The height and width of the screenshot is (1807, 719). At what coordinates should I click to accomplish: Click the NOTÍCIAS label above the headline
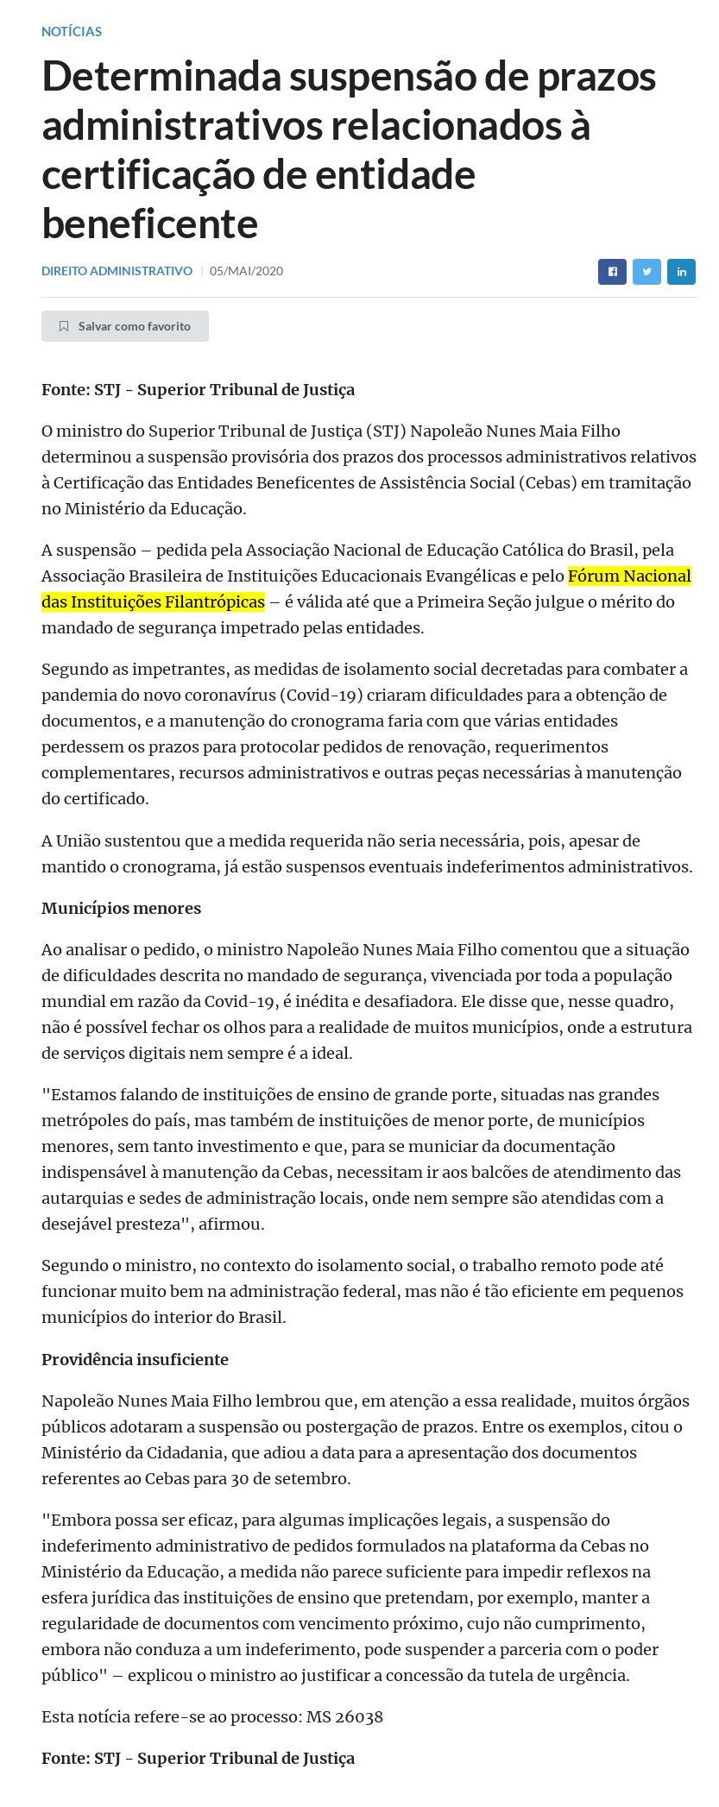(x=72, y=32)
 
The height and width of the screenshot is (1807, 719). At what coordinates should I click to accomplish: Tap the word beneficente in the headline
(x=149, y=224)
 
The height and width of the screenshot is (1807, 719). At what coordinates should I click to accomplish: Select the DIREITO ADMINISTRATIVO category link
(x=117, y=271)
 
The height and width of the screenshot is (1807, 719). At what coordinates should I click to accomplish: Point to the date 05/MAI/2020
(x=246, y=271)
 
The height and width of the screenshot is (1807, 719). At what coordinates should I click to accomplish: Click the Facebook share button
(x=612, y=271)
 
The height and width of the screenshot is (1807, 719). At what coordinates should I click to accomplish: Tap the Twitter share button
(x=646, y=271)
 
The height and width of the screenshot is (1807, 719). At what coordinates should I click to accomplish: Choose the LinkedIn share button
(x=681, y=271)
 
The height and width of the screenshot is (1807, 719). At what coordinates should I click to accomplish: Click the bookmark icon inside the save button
(x=64, y=326)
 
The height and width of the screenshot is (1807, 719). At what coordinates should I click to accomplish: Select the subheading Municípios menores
(x=121, y=908)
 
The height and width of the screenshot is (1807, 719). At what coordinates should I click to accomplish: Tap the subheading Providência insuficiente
(x=135, y=1359)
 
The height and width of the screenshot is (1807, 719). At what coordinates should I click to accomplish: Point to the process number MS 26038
(x=344, y=1716)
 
